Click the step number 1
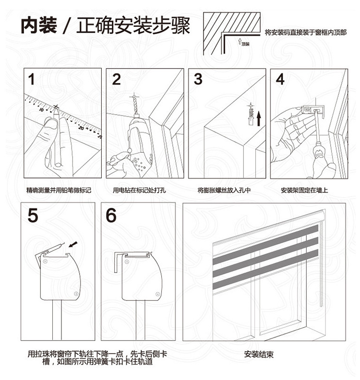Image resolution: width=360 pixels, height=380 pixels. [x=31, y=79]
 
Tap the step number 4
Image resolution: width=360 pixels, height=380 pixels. [x=280, y=79]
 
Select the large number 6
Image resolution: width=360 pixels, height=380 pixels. [x=111, y=215]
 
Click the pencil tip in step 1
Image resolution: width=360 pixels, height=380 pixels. [x=56, y=108]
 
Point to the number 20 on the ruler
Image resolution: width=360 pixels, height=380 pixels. [x=81, y=128]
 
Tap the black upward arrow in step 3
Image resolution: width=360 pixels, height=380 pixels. [x=259, y=119]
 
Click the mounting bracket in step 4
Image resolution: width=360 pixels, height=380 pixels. [x=312, y=110]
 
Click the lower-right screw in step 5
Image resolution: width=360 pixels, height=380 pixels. [x=76, y=294]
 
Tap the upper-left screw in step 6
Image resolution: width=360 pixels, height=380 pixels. [x=127, y=262]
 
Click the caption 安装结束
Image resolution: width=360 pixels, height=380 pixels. [x=259, y=355]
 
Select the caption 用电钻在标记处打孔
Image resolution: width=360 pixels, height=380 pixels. [x=139, y=190]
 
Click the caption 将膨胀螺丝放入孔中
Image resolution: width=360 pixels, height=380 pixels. [x=224, y=190]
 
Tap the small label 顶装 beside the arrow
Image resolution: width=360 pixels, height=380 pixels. [x=245, y=44]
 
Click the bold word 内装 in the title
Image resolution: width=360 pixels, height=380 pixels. [x=39, y=25]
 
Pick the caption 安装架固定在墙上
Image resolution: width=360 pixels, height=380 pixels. [x=304, y=190]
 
